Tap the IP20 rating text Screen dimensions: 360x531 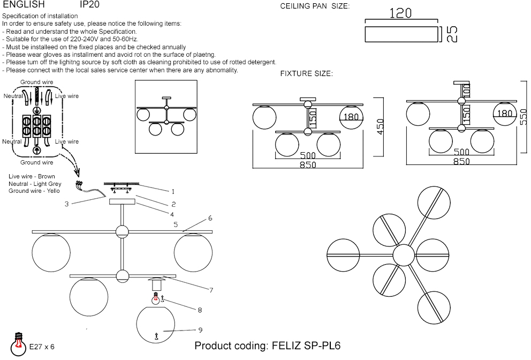(x=89, y=4)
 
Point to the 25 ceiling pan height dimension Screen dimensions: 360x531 (x=451, y=34)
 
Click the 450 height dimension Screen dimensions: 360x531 (x=381, y=126)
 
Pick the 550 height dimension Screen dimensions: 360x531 (x=524, y=114)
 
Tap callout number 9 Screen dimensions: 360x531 (x=200, y=329)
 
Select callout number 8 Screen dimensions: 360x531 (x=200, y=310)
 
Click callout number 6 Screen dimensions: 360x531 (x=210, y=218)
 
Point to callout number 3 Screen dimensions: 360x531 (x=66, y=204)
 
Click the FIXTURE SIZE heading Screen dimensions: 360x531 (x=306, y=73)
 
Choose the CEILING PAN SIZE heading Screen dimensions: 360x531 (x=314, y=6)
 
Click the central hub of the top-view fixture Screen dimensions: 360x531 (x=404, y=255)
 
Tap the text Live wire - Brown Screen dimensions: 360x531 (x=32, y=176)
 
